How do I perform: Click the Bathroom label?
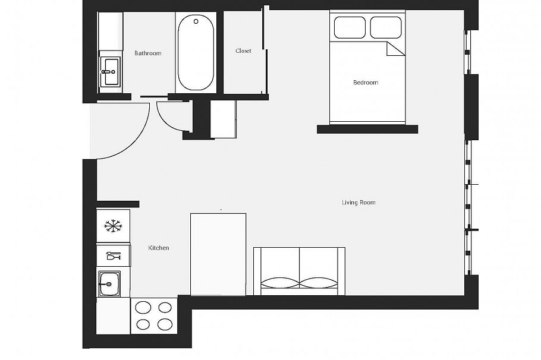coord(147,53)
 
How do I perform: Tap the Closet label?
coord(243,51)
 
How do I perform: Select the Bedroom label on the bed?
coord(366,83)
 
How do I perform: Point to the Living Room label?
coord(358,203)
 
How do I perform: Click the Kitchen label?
coord(159,248)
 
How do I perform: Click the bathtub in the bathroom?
coord(195,53)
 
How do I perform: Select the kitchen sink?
coord(109,283)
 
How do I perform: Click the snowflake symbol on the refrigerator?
coord(112,225)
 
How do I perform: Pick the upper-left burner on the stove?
coord(143,308)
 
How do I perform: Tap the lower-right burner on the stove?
coord(165,324)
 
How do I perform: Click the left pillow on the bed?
coord(350,27)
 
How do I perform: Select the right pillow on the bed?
coord(386,27)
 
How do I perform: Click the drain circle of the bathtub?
coord(196,22)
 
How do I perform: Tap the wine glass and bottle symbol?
coord(113,256)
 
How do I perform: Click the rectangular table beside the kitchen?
coord(218,254)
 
